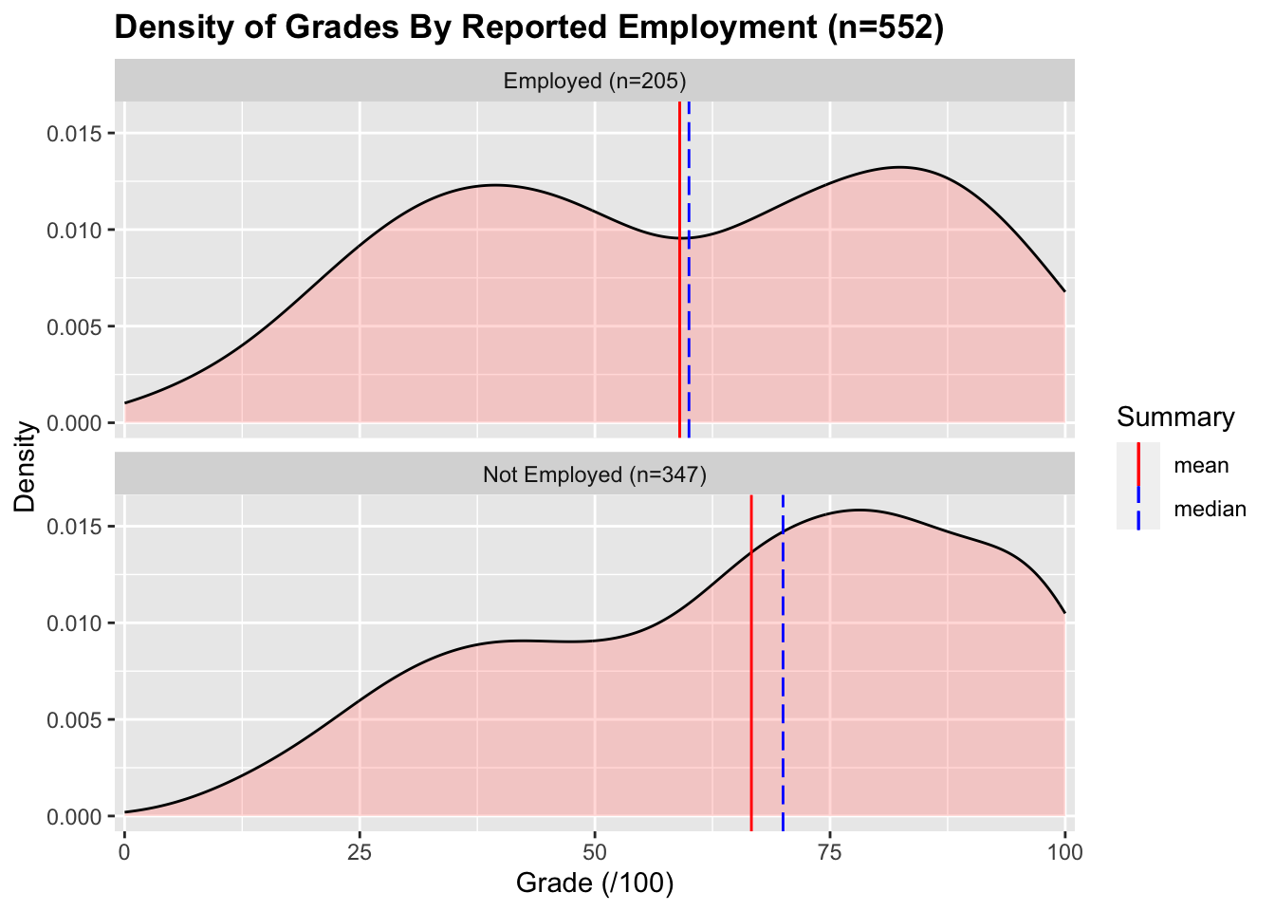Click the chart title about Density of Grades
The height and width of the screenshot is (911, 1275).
pos(528,28)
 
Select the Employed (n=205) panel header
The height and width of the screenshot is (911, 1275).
pos(595,81)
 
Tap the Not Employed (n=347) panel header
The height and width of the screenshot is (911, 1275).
pos(595,474)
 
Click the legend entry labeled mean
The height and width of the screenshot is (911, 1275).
pos(1201,466)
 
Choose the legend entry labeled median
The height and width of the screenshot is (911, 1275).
pos(1210,510)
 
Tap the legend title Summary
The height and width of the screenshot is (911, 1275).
pos(1175,418)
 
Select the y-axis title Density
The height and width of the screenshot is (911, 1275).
pos(26,466)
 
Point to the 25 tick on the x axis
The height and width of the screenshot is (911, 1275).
pos(360,851)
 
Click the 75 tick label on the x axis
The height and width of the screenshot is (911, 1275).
pos(830,851)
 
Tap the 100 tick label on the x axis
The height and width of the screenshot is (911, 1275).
pos(1064,851)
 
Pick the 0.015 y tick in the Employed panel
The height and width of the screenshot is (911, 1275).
pos(75,134)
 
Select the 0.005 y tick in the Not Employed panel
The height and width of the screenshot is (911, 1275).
pos(75,720)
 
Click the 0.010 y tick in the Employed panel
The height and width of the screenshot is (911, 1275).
pos(75,231)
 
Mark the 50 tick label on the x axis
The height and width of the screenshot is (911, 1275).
pos(595,851)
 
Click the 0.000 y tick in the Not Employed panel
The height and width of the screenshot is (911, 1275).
pos(75,817)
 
